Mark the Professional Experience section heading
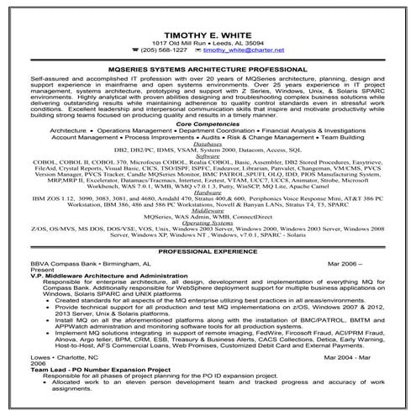pyautogui.click(x=208, y=251)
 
